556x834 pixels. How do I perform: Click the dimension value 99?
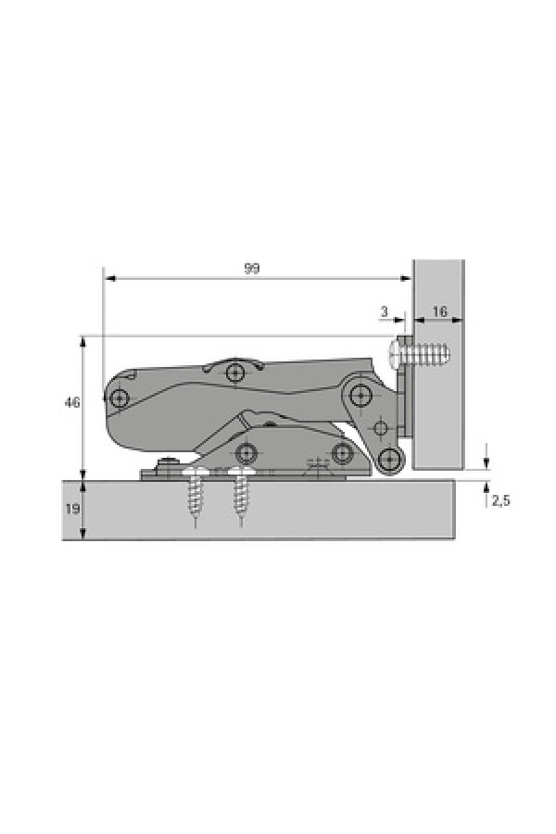pyautogui.click(x=252, y=269)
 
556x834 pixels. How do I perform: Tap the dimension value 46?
pyautogui.click(x=71, y=403)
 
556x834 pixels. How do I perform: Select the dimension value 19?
pyautogui.click(x=73, y=510)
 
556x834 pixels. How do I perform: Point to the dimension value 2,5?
pyautogui.click(x=499, y=500)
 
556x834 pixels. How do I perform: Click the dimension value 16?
pyautogui.click(x=439, y=311)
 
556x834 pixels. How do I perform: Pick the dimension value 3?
pyautogui.click(x=385, y=311)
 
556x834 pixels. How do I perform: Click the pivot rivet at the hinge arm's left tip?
pyautogui.click(x=120, y=397)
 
